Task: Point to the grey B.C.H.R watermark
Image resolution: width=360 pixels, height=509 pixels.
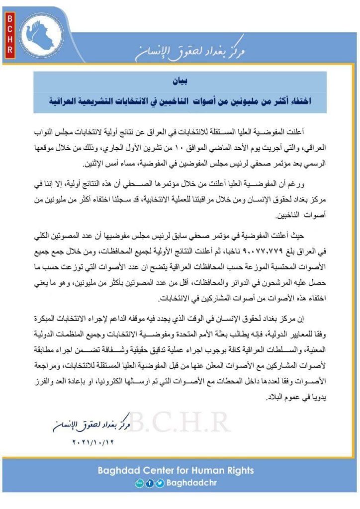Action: (179, 424)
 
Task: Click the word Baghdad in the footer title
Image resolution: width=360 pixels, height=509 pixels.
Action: (130, 470)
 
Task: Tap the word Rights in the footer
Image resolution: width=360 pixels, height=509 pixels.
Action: (238, 470)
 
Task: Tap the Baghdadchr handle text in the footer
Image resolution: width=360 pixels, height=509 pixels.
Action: (191, 483)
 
